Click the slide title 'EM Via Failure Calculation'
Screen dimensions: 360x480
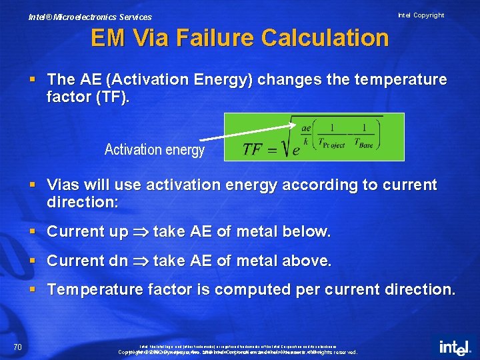tap(239, 38)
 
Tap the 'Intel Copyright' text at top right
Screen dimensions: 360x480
tap(421, 15)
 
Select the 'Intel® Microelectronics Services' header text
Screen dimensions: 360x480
tap(90, 17)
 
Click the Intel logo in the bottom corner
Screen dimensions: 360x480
tap(455, 347)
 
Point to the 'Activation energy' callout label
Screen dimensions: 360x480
tap(154, 150)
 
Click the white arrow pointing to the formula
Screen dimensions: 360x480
tap(247, 131)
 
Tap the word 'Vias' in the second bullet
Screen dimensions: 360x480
tap(67, 185)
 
